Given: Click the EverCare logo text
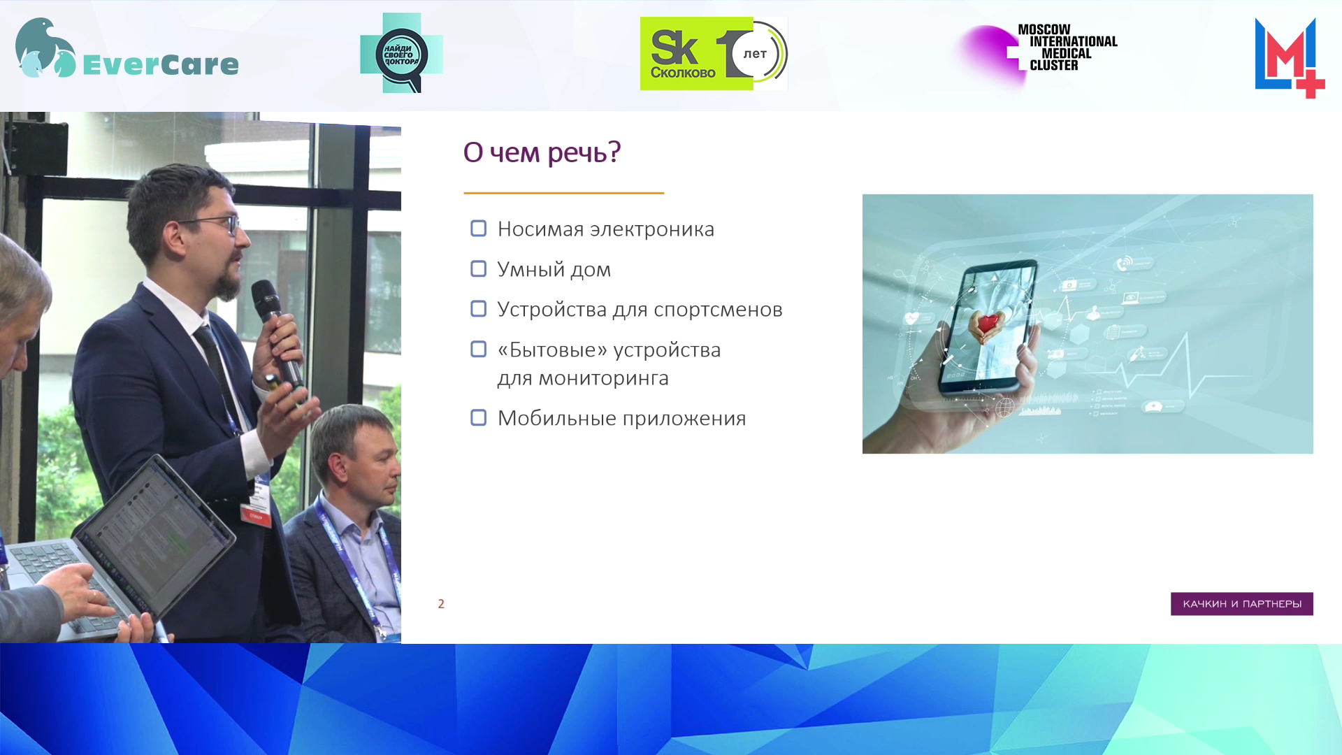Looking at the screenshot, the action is point(161,64).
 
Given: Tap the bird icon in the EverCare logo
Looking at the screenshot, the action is point(45,48).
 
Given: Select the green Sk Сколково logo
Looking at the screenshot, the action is point(714,54).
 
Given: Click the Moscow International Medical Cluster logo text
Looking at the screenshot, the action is point(1067,48).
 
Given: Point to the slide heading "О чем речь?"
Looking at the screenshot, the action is point(542,152).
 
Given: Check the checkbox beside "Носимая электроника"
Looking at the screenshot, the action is point(479,229).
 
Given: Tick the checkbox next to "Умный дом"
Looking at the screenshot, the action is point(479,269).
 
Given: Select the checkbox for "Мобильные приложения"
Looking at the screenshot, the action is point(479,418).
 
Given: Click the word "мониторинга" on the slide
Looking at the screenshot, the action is point(603,378).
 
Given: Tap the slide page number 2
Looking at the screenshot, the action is point(441,604).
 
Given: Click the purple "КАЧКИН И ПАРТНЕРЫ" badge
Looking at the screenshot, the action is point(1242,604).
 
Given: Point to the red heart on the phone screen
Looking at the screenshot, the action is point(987,323).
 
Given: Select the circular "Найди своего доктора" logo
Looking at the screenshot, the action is point(401,54).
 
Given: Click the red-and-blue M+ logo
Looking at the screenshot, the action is point(1290,58).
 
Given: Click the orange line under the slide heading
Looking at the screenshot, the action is point(563,193).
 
